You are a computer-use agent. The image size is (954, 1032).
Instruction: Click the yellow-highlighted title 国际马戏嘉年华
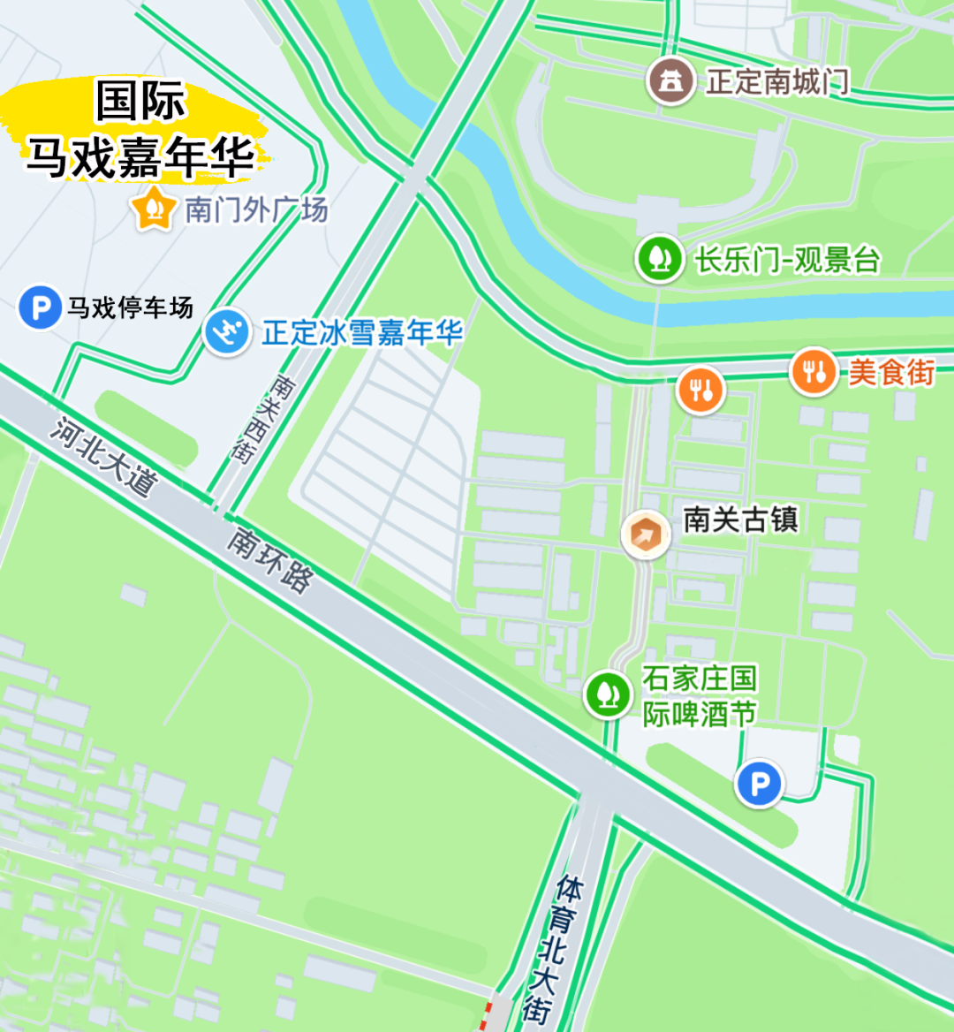pyautogui.click(x=140, y=130)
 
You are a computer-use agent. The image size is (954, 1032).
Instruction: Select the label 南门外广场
pyautogui.click(x=256, y=209)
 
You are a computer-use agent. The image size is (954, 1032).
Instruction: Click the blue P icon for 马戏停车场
pyautogui.click(x=40, y=308)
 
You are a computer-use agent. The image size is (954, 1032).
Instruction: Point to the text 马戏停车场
pyautogui.click(x=130, y=308)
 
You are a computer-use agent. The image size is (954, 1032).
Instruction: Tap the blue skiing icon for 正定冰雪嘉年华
pyautogui.click(x=227, y=333)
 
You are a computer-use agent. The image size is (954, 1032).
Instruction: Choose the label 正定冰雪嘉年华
pyautogui.click(x=362, y=333)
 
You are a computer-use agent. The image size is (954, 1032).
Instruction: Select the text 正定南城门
pyautogui.click(x=777, y=82)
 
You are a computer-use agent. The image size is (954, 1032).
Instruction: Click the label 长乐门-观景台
pyautogui.click(x=786, y=260)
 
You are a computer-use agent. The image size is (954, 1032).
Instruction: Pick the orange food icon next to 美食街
pyautogui.click(x=813, y=371)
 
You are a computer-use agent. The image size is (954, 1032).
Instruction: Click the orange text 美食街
pyautogui.click(x=890, y=372)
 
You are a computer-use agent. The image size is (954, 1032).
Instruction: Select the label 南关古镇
pyautogui.click(x=740, y=520)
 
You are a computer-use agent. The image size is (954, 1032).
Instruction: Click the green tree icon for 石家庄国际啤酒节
pyautogui.click(x=608, y=695)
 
